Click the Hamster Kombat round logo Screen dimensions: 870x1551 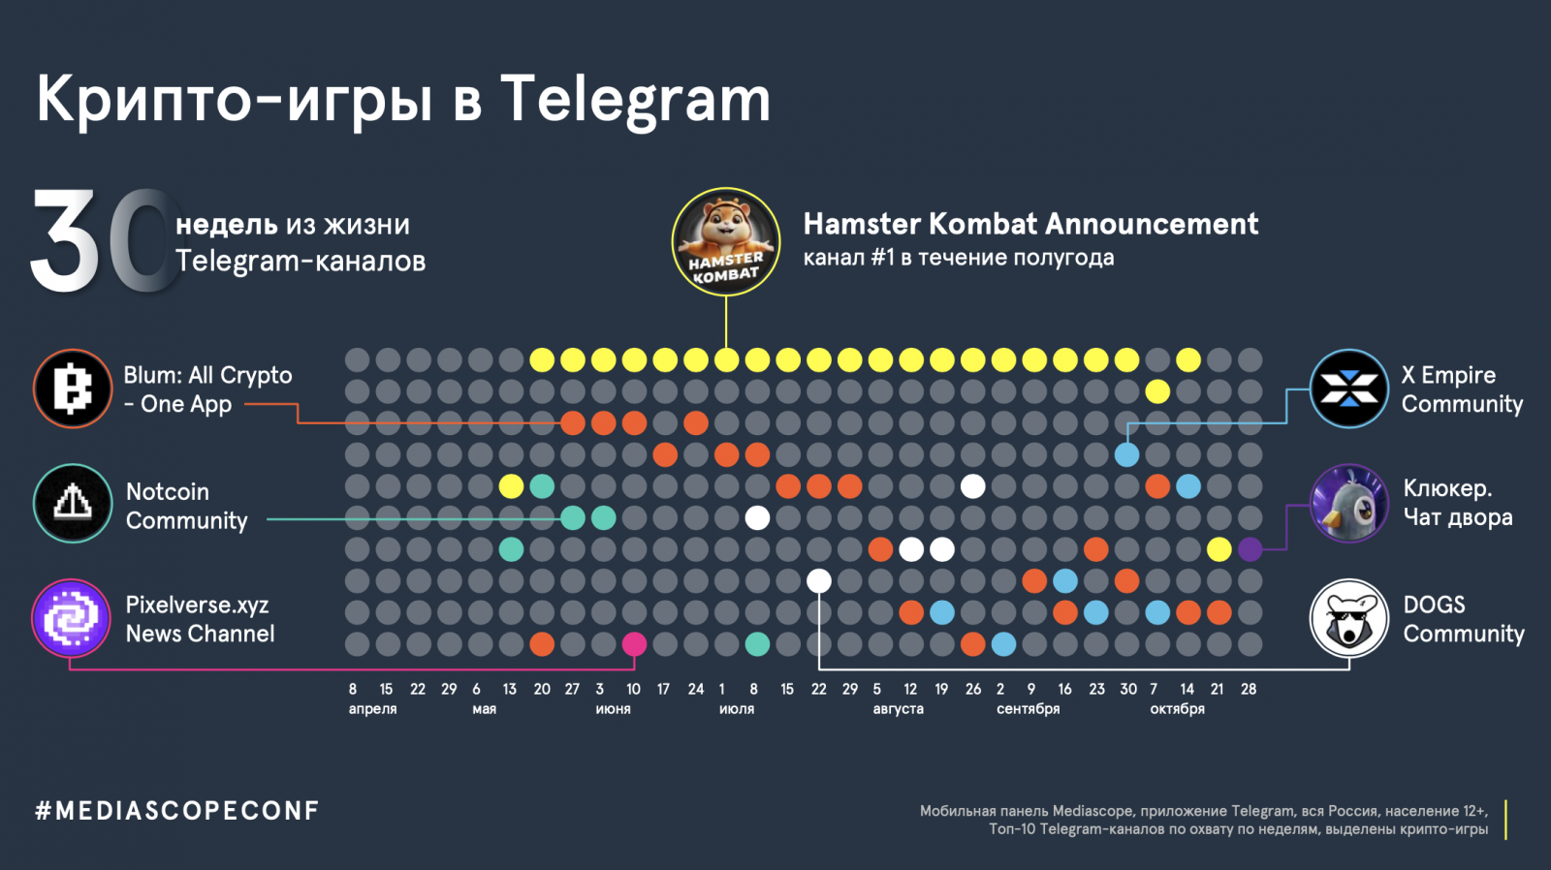click(x=726, y=241)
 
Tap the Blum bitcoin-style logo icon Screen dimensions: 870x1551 click(x=73, y=388)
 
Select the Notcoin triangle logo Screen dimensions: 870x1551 click(x=73, y=503)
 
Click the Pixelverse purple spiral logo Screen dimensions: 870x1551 click(x=71, y=618)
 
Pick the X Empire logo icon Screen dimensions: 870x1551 click(x=1348, y=388)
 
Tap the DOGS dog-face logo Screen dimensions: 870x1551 click(x=1348, y=618)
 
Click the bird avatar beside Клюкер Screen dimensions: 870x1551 click(x=1348, y=503)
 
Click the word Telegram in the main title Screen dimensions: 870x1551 click(x=635, y=100)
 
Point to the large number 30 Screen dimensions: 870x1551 click(x=102, y=241)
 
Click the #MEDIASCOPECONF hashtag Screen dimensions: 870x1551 click(x=177, y=811)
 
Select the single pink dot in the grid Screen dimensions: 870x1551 click(x=634, y=643)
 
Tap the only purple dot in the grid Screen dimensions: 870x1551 click(x=1250, y=549)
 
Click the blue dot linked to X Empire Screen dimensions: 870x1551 click(x=1126, y=454)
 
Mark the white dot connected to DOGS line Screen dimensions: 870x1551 click(x=819, y=581)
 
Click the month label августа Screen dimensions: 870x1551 click(x=898, y=709)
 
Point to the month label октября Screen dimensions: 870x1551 click(x=1177, y=709)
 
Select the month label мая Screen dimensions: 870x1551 click(x=484, y=709)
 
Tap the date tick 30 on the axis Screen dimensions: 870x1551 click(x=1127, y=689)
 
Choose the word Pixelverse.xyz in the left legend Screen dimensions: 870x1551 click(x=197, y=605)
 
